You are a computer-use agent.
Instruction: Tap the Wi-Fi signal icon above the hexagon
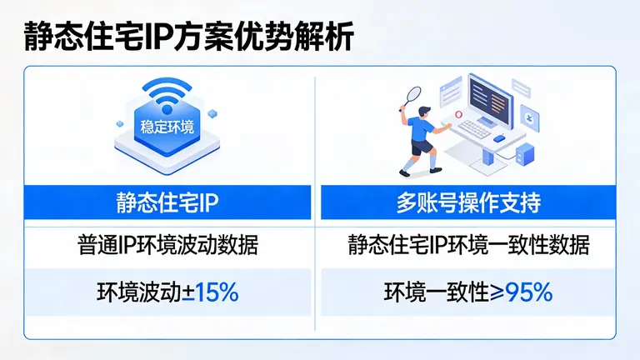pyautogui.click(x=166, y=96)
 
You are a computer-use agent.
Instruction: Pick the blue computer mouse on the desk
pyautogui.click(x=498, y=138)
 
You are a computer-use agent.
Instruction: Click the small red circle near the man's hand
pyautogui.click(x=457, y=115)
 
